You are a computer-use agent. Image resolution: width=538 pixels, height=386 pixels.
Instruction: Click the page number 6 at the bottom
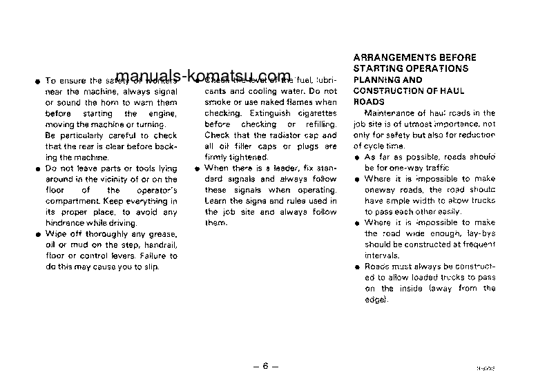point(265,367)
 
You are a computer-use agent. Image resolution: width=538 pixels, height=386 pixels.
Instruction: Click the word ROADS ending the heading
point(369,102)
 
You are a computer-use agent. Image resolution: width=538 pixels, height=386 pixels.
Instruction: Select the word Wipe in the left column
point(55,234)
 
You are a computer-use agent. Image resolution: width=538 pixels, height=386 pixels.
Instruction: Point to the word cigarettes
point(315,113)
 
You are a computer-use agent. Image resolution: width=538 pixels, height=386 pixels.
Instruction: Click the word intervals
point(383,255)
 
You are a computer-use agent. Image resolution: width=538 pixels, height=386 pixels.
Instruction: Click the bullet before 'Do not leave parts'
point(29,168)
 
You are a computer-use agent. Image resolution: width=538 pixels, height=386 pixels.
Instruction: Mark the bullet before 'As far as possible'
point(357,157)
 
